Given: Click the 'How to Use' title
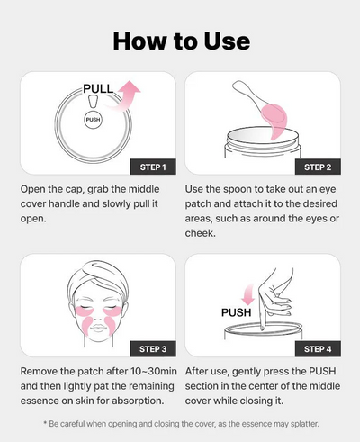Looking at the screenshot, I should [x=180, y=41].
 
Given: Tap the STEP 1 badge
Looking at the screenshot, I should [x=148, y=167].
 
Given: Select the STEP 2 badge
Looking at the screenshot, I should [x=316, y=167].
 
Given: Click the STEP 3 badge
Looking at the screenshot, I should [x=148, y=347].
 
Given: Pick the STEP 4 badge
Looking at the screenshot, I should [x=316, y=347].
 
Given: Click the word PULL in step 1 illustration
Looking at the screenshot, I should [x=98, y=89].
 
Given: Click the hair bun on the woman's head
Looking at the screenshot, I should [x=93, y=267].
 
